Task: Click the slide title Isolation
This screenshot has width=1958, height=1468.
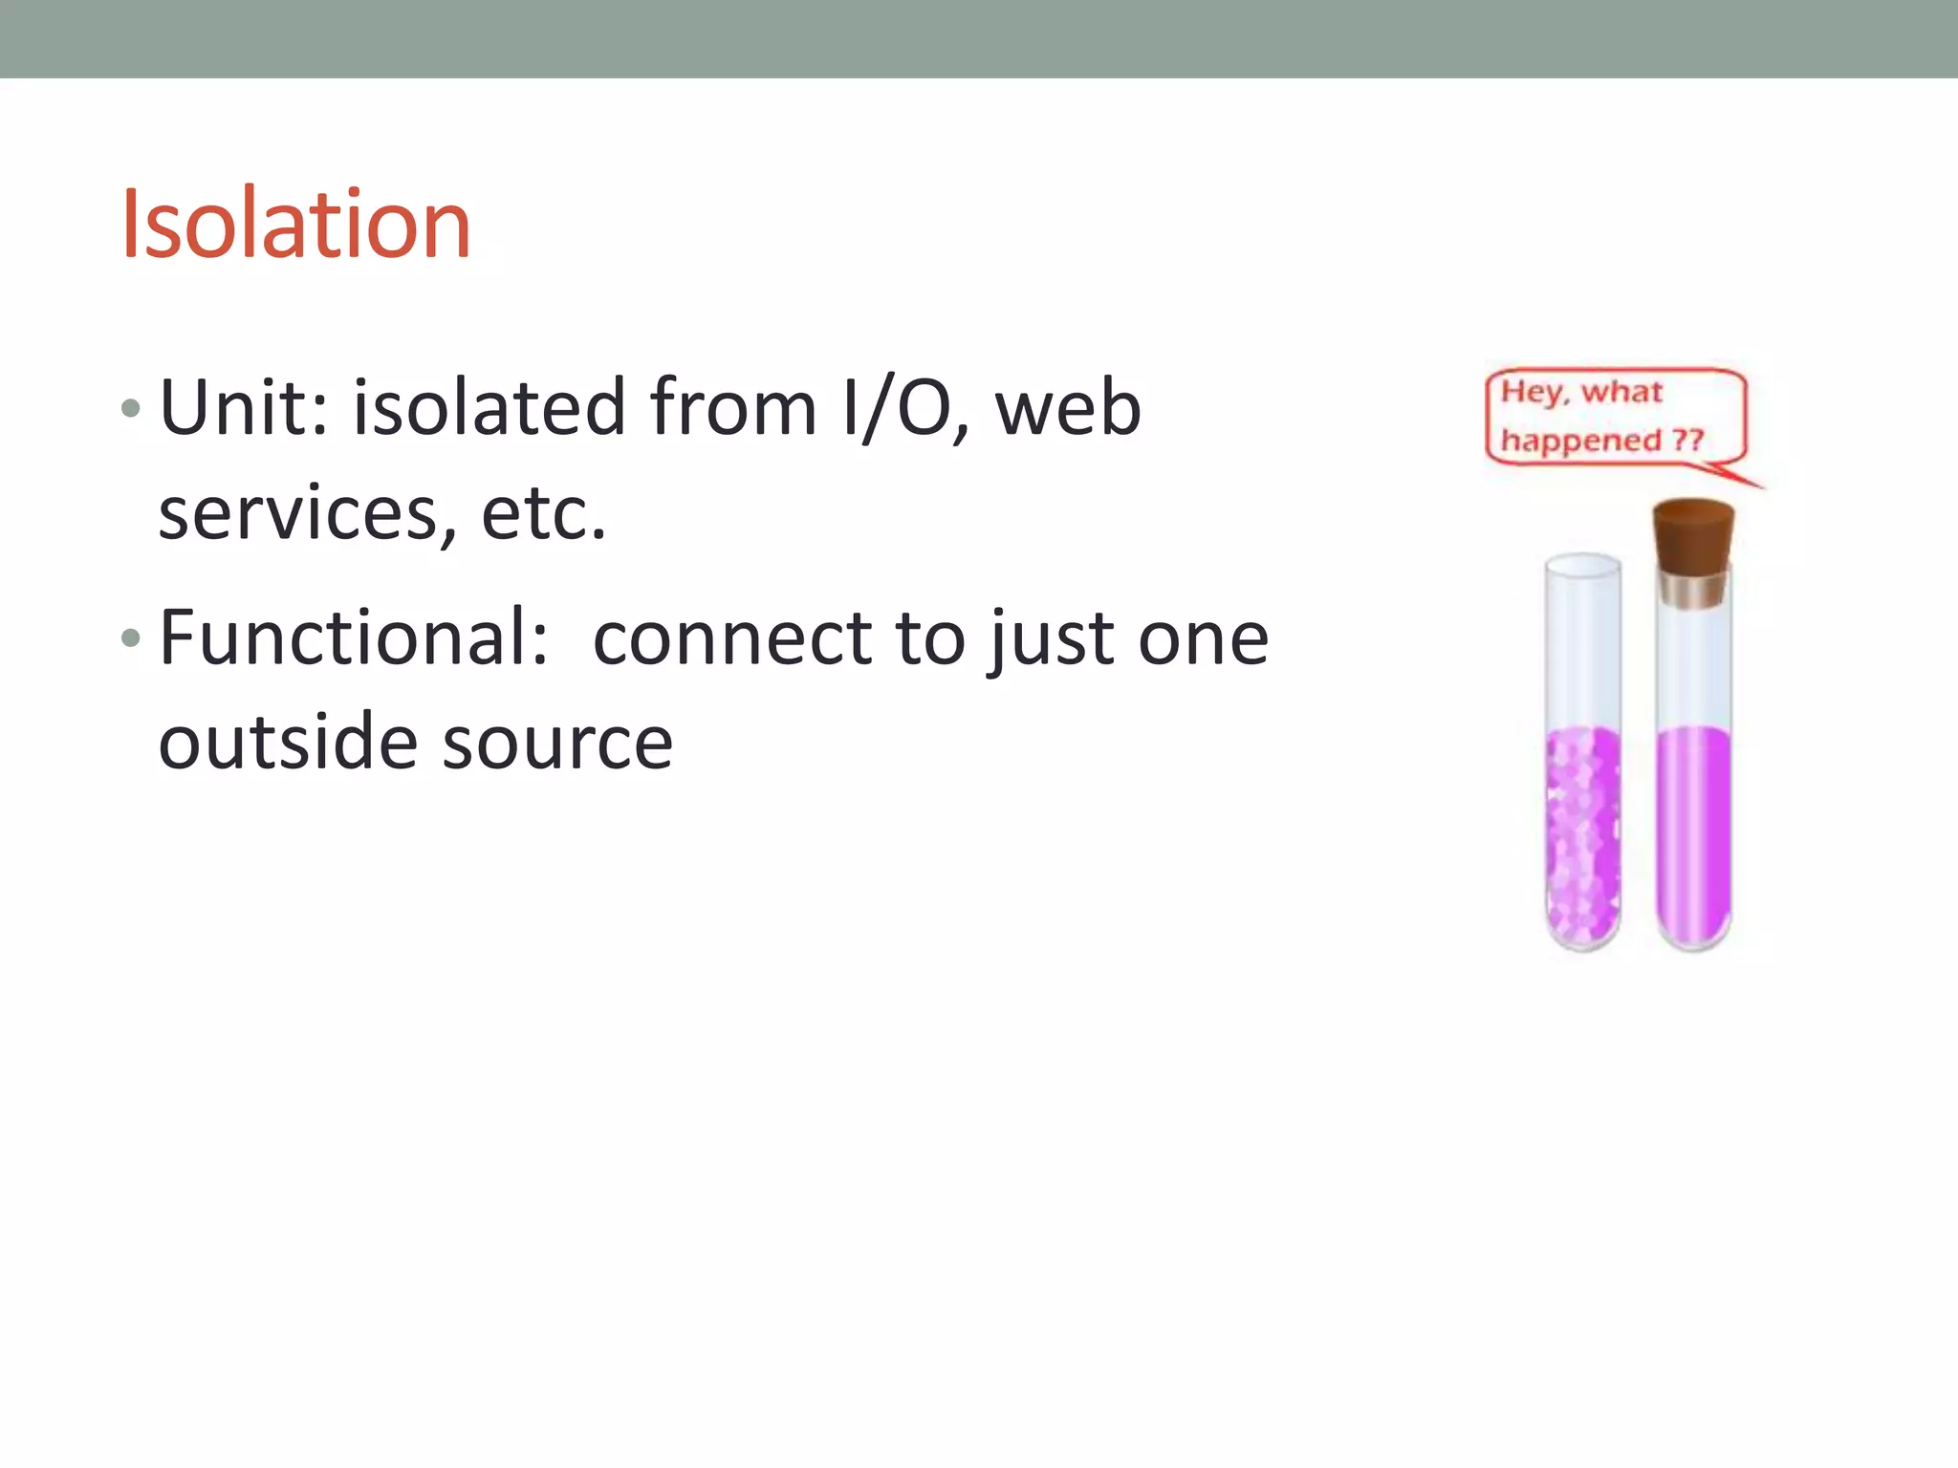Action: (295, 225)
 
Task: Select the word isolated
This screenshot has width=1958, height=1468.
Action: (489, 408)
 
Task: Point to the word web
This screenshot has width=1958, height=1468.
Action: (1068, 408)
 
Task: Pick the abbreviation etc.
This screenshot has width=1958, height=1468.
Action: (543, 514)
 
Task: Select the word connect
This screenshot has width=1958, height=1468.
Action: (731, 639)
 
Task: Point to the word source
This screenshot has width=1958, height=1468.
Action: (558, 745)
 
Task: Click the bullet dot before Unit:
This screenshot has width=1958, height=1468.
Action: (131, 410)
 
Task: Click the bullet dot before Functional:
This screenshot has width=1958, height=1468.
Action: (131, 638)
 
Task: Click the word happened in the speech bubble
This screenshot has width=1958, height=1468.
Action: (1580, 442)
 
